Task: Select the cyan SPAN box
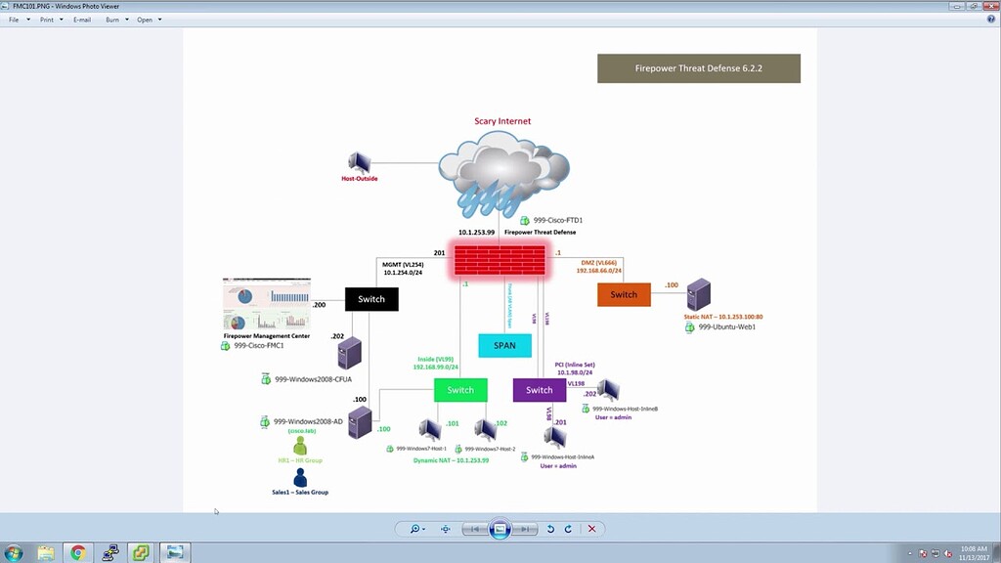(x=504, y=345)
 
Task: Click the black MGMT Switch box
(x=371, y=299)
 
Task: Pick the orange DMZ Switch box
(x=624, y=294)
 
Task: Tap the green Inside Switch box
(x=460, y=390)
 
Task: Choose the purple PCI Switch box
(x=539, y=390)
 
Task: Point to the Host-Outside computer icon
(x=360, y=162)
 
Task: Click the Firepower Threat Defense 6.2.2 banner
(x=698, y=68)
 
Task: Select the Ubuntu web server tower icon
(x=698, y=294)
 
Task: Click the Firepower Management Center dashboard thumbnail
(x=267, y=305)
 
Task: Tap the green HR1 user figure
(x=300, y=446)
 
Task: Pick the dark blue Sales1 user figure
(x=300, y=478)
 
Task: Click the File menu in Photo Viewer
(x=16, y=20)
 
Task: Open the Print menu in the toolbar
(x=48, y=20)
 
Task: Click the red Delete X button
(x=591, y=529)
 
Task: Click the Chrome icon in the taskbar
(x=78, y=553)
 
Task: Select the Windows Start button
(x=14, y=553)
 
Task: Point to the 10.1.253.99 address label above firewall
(x=476, y=233)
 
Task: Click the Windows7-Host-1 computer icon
(x=429, y=429)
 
